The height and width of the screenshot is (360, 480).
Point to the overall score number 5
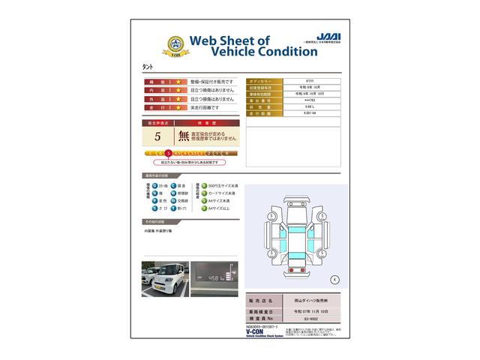157,136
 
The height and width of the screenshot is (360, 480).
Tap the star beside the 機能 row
178,81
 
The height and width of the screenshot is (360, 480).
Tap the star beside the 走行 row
178,107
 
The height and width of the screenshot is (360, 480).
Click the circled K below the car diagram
334,279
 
